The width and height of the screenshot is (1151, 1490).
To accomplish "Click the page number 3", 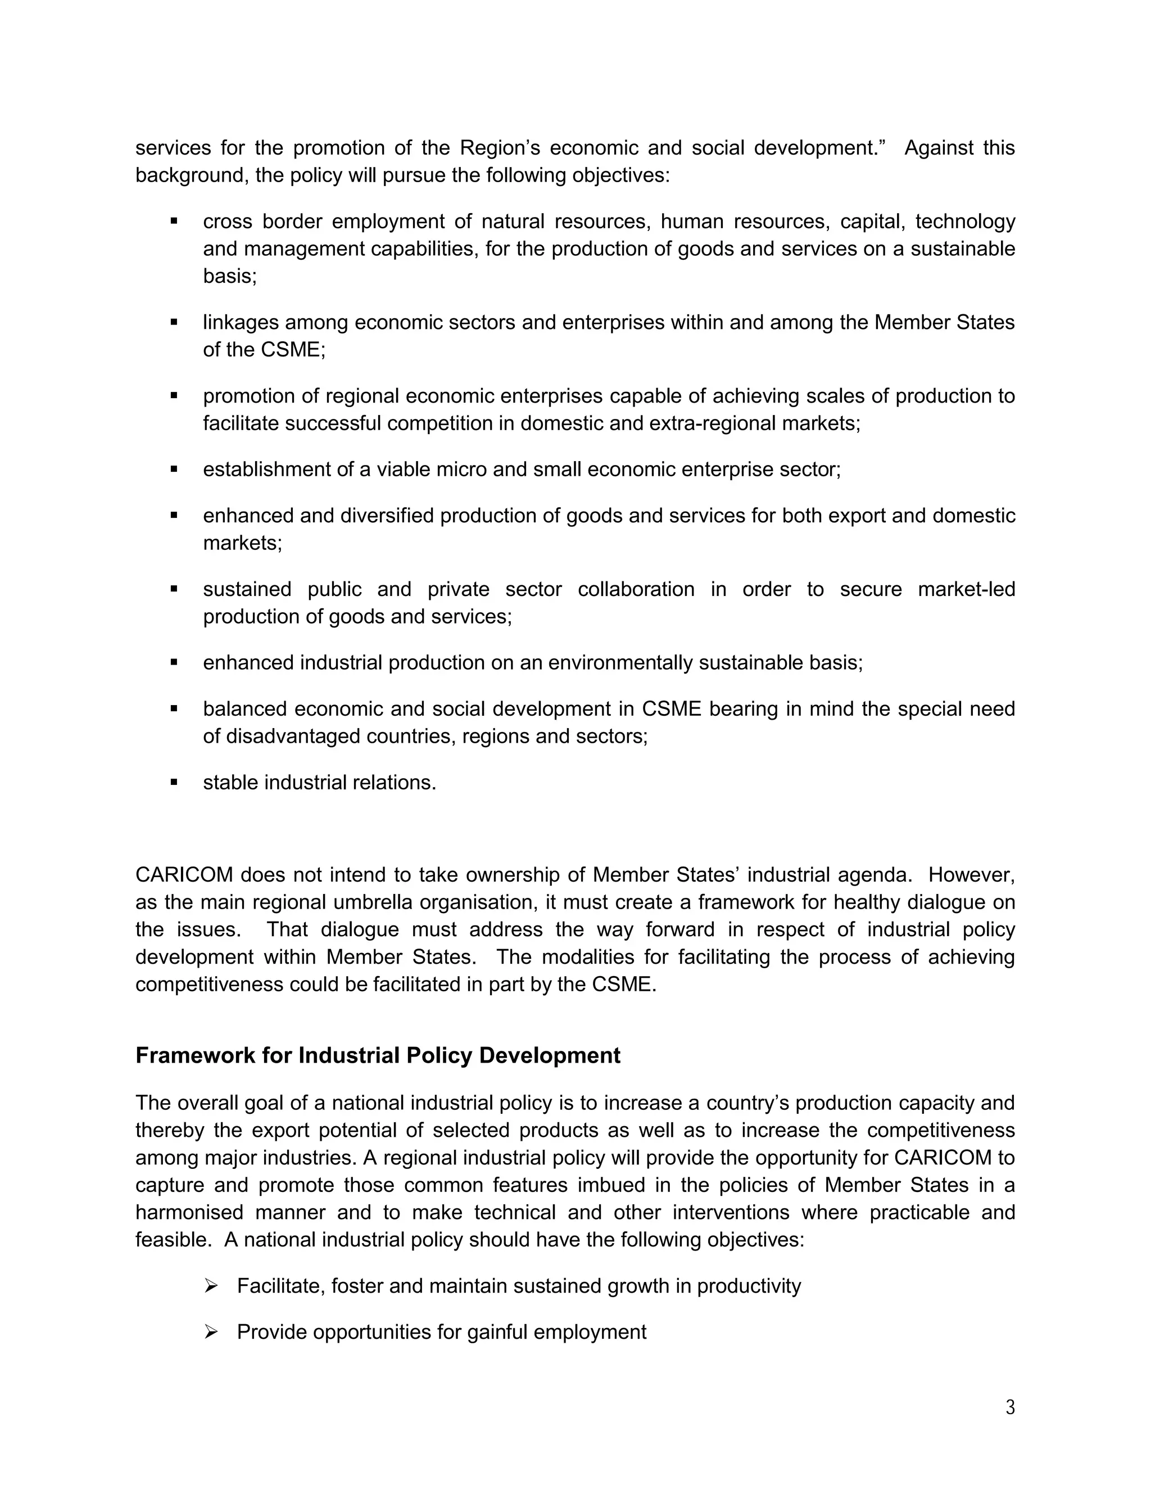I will coord(1010,1407).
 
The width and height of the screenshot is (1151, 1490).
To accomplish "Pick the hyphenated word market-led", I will coord(966,589).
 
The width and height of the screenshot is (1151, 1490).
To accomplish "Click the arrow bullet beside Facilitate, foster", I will coord(211,1286).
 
